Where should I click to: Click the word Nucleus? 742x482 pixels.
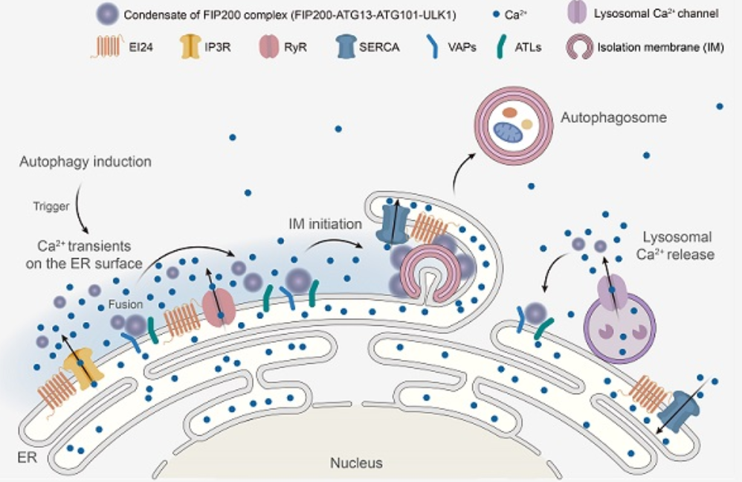pos(356,463)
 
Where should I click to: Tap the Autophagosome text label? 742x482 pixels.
pos(614,118)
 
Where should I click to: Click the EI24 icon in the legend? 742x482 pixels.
pos(108,47)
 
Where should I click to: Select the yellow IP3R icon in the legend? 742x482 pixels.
pos(190,47)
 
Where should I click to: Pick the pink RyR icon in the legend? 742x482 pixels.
pos(269,47)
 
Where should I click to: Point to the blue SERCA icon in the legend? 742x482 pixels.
pos(346,47)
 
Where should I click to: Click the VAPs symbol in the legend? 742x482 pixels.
pos(433,47)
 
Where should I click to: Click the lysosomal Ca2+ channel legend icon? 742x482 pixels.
pos(577,13)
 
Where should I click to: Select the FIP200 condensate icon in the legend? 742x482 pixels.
pos(107,14)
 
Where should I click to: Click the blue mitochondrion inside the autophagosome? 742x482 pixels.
pos(508,132)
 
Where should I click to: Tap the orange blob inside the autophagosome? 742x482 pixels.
pos(509,112)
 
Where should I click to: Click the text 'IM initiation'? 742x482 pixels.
pos(325,224)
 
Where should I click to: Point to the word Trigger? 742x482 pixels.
pos(51,207)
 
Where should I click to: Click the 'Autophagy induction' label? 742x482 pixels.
pos(86,162)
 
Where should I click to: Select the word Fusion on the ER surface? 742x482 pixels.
pos(126,304)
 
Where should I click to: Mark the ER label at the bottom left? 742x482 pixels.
pos(27,458)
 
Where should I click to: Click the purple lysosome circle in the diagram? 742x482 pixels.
pos(620,328)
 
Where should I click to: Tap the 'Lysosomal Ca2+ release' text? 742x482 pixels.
pos(675,245)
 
